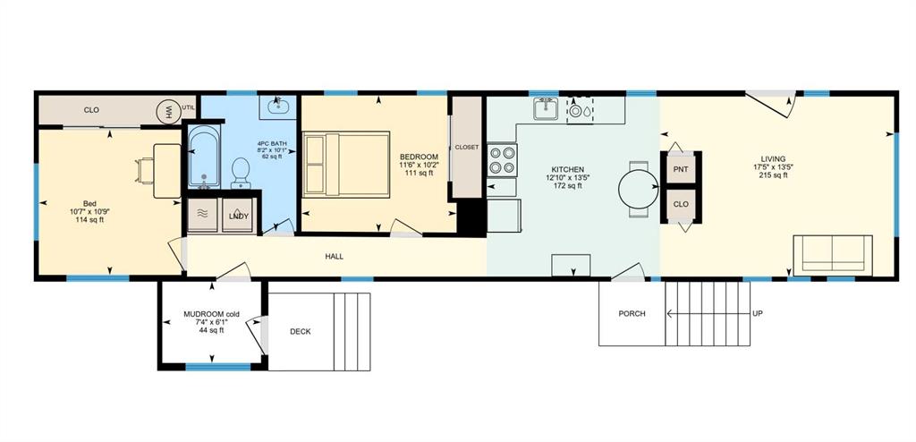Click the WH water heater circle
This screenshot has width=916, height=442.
pos(166,111)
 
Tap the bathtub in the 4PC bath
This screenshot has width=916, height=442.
pos(204,157)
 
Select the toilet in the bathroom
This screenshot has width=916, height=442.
pos(240,172)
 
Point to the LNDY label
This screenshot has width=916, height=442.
pos(239,216)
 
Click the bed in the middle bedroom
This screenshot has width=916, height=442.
pos(346,164)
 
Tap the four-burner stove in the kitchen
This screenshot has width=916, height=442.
pos(501,159)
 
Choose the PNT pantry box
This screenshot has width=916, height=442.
pos(681,168)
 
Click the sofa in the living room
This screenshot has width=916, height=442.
pos(833,253)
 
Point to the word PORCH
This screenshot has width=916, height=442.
pos(632,313)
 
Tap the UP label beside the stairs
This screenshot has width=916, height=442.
pos(757,313)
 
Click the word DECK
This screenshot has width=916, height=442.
pos(301,331)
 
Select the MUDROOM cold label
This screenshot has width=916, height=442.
pos(212,314)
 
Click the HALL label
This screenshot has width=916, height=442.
pos(334,257)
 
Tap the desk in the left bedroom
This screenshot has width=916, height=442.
pos(166,169)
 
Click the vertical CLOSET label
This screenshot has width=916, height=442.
pos(467,147)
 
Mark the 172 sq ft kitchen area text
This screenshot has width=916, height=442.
pos(568,186)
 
